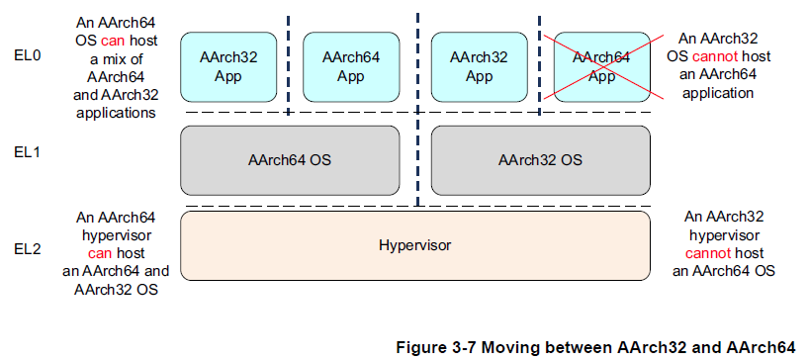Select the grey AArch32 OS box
(540, 158)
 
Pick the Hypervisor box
(414, 243)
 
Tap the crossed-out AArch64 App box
(601, 66)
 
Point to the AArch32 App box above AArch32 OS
(479, 66)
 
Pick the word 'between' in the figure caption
(578, 347)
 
